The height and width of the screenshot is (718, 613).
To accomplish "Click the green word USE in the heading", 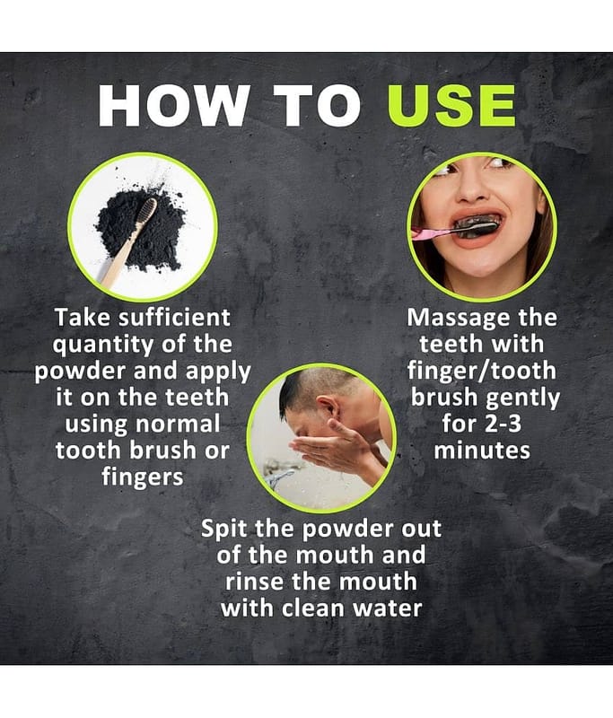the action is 451,105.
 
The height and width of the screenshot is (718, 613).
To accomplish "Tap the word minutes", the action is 482,451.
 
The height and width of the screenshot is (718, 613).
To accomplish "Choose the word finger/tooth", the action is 482,371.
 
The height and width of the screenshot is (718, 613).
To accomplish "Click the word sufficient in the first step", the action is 174,318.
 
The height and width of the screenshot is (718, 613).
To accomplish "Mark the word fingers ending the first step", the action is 143,477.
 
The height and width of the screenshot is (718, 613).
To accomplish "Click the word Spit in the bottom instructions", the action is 225,530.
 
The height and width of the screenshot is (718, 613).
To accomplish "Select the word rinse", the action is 255,582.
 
